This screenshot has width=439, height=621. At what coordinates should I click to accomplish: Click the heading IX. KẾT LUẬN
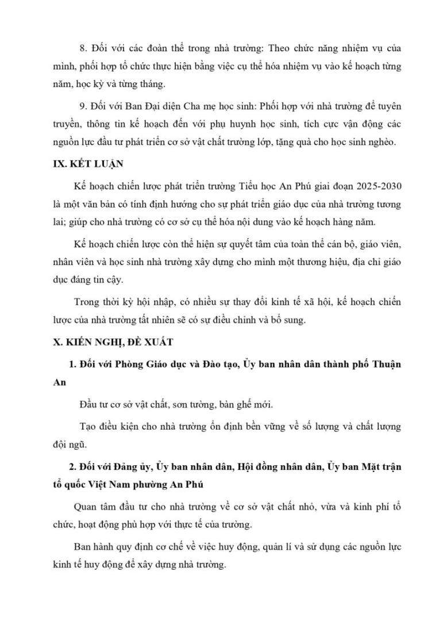[x=84, y=164]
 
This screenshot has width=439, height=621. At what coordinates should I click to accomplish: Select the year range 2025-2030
[x=368, y=186]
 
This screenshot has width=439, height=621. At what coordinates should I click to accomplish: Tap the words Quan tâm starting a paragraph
[x=94, y=507]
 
